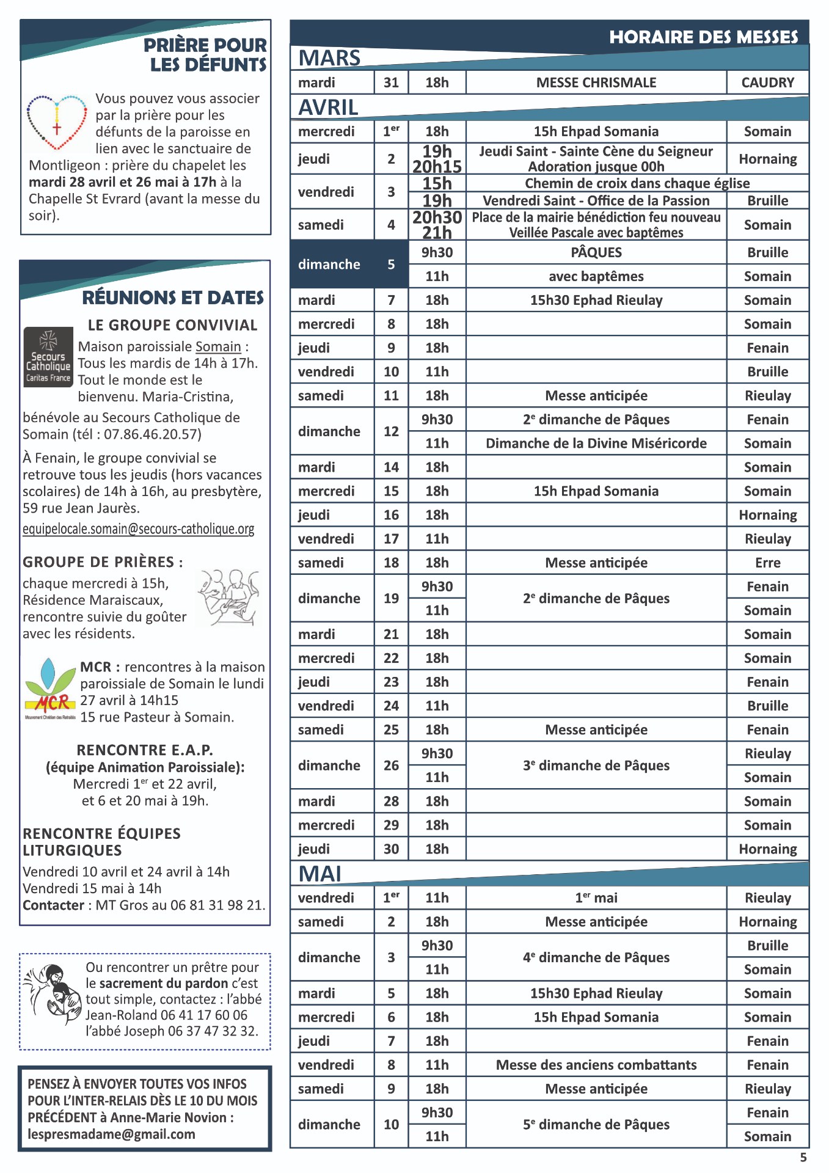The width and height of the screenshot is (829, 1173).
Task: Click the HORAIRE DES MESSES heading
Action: click(x=703, y=37)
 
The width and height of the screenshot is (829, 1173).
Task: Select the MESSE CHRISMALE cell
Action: click(x=596, y=82)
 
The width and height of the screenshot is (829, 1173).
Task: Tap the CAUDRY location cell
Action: click(x=767, y=82)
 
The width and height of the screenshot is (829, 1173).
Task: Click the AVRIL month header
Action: click(x=328, y=108)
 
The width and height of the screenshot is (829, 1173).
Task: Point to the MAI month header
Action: click(x=320, y=874)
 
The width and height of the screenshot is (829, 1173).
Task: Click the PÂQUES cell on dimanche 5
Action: click(x=596, y=252)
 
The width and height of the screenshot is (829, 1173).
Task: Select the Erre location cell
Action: click(x=767, y=563)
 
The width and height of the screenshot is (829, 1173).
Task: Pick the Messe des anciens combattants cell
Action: click(x=596, y=1065)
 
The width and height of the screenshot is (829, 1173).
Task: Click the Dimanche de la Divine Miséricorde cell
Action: click(x=596, y=444)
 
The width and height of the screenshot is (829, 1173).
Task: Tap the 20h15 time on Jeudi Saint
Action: click(x=437, y=167)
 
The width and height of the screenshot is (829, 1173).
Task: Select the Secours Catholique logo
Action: click(x=48, y=357)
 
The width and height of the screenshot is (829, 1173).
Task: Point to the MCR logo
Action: click(x=50, y=689)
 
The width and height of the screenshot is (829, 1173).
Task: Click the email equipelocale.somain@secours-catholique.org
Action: click(x=139, y=529)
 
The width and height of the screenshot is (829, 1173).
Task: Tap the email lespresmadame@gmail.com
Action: click(x=112, y=1135)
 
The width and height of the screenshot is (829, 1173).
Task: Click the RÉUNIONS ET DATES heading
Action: click(x=173, y=298)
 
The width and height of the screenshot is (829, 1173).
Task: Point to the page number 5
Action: click(x=803, y=1158)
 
